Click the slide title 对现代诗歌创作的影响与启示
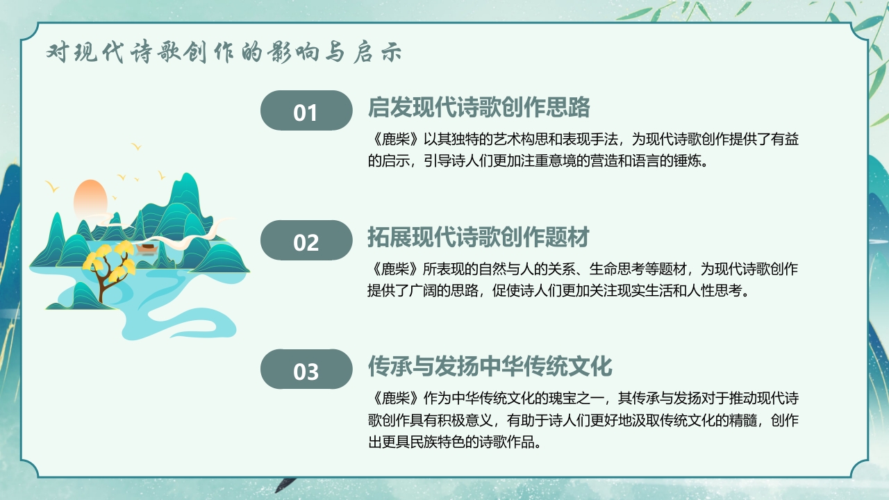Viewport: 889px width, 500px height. coord(224,53)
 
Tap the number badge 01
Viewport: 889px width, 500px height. coord(306,111)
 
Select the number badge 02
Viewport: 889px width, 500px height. coord(306,241)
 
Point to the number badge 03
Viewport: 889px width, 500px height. coord(306,370)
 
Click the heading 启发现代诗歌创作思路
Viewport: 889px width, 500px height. coord(479,108)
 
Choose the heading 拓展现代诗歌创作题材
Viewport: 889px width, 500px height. coord(479,237)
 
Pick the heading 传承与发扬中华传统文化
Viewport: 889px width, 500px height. coord(490,366)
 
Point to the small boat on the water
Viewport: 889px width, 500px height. coord(146,247)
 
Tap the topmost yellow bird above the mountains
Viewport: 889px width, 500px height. coord(137,147)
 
